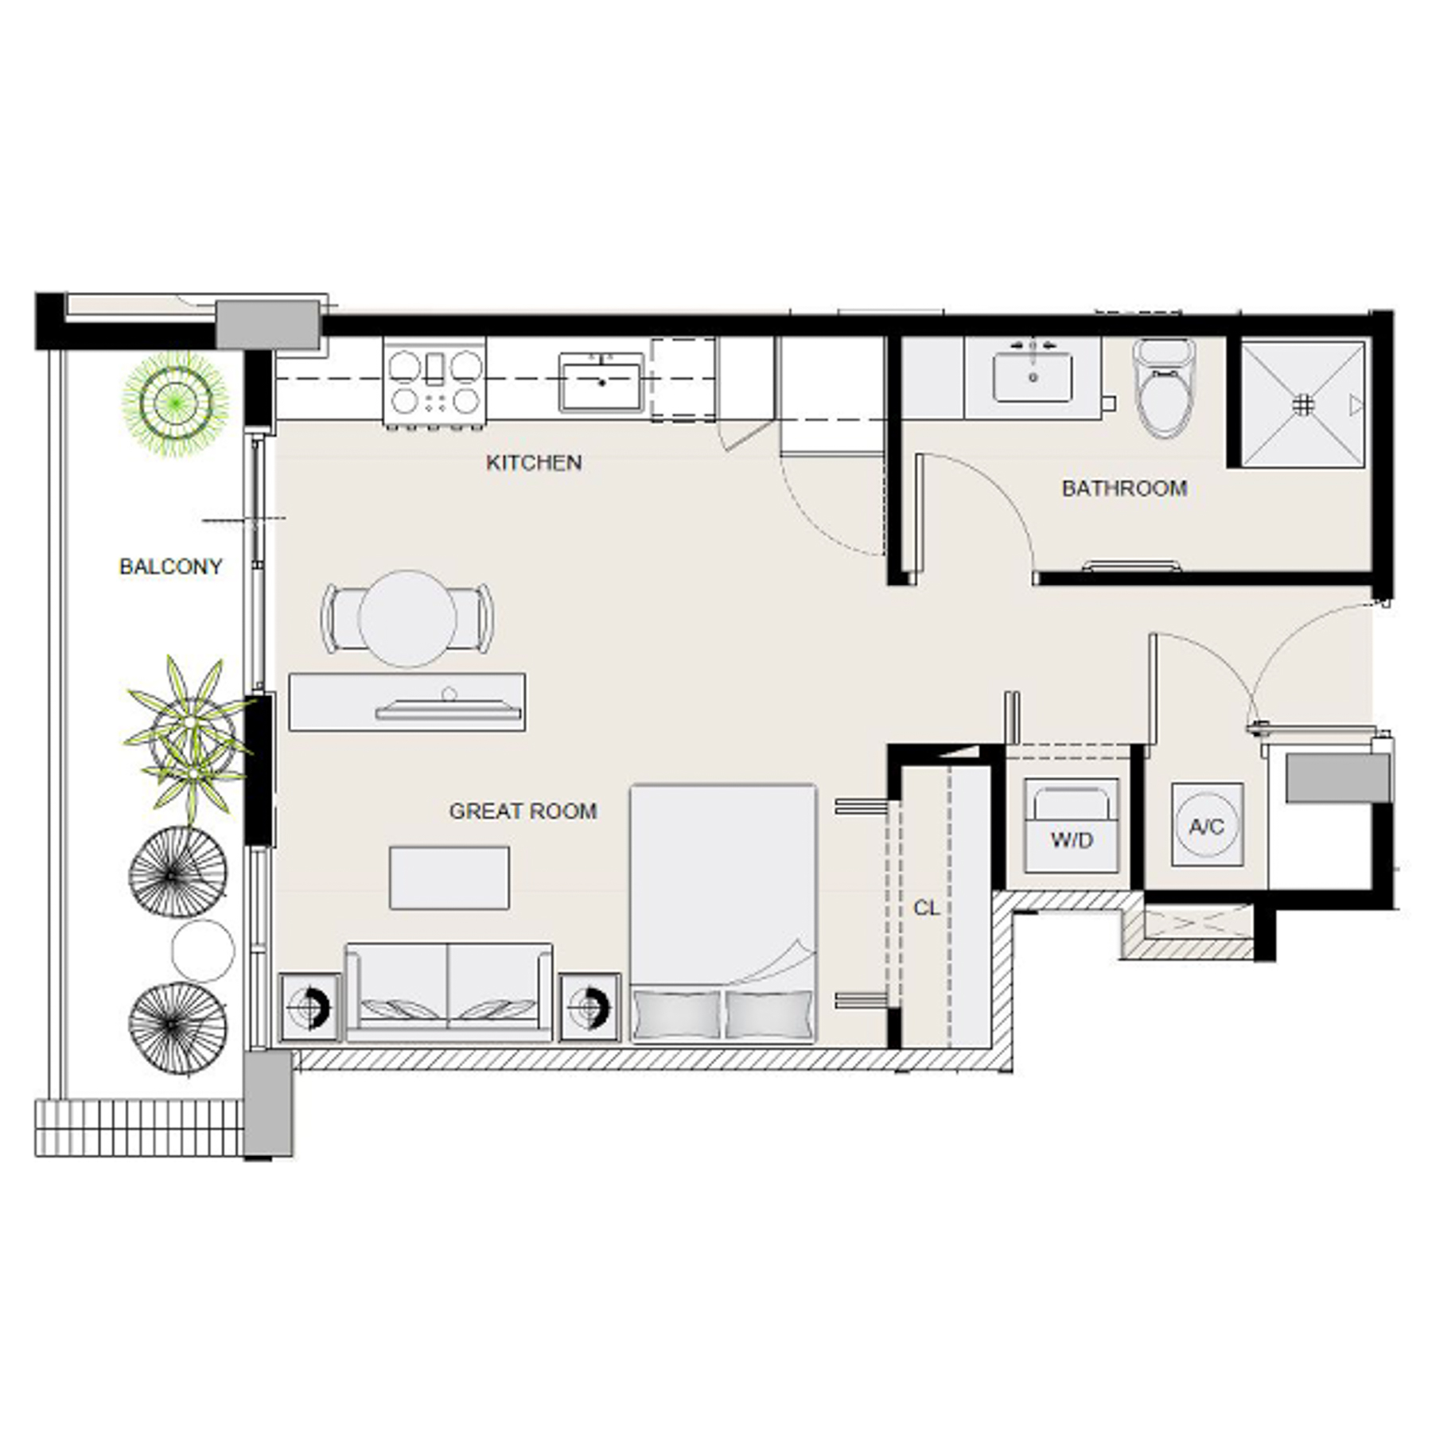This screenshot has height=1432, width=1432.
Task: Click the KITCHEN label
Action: [533, 462]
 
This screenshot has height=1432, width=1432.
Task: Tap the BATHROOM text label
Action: [1123, 488]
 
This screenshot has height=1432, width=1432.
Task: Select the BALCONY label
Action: [170, 566]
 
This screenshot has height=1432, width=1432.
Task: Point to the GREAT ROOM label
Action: [523, 811]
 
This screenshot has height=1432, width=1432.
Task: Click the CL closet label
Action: [926, 908]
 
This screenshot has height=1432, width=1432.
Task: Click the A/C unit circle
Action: [1206, 826]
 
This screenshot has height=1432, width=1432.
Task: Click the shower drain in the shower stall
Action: [1302, 405]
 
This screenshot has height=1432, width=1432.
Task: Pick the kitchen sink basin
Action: [601, 383]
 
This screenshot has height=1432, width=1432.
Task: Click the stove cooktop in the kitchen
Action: [434, 383]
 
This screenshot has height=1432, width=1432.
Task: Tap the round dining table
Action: [407, 618]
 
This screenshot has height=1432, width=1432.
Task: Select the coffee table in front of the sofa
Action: [449, 877]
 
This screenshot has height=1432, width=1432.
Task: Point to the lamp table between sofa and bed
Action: [589, 1007]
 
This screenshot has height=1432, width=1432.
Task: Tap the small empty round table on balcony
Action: [203, 951]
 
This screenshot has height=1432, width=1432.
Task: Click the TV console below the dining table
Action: [406, 702]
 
